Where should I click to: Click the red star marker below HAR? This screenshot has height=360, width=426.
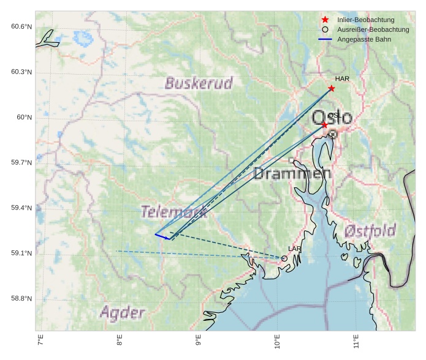tap(332, 88)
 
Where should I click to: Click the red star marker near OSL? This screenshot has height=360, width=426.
tap(325, 125)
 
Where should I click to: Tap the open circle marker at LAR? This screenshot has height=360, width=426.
tap(284, 258)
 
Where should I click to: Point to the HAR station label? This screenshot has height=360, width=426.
tap(342, 79)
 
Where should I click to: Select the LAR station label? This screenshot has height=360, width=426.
tap(295, 249)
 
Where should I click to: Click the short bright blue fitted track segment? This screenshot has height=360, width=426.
tap(162, 236)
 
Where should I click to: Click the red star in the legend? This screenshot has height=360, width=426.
tap(325, 20)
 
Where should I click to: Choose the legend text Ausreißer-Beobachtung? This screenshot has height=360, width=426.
tap(373, 29)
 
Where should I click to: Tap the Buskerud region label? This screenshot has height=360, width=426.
tap(199, 83)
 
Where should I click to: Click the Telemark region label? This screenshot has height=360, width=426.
tap(174, 212)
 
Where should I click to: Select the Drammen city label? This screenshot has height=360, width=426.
tap(292, 173)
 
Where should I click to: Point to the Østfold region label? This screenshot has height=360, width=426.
tap(370, 231)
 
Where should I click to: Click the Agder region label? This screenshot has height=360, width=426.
tap(123, 312)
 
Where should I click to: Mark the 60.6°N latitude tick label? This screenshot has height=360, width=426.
tap(21, 26)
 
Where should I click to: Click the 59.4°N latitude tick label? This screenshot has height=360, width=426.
tap(21, 208)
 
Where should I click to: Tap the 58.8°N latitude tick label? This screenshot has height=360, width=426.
tap(21, 299)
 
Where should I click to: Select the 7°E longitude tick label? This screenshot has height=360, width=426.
tap(41, 340)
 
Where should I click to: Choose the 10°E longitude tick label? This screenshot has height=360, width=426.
tap(277, 340)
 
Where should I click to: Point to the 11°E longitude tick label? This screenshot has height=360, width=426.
tap(356, 340)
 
